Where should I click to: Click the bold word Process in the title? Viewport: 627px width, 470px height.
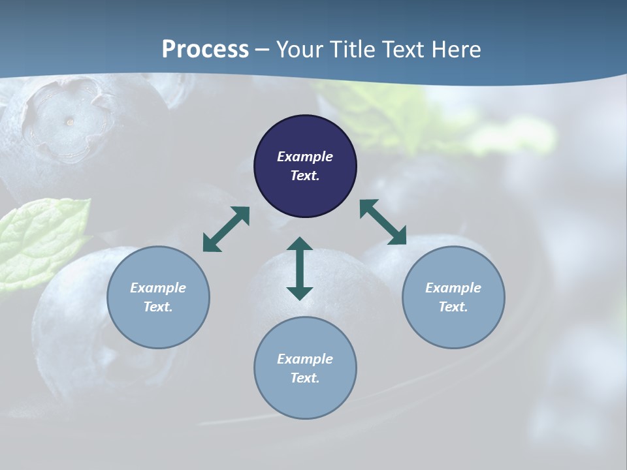pos(205,50)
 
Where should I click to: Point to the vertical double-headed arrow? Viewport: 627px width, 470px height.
pos(300,268)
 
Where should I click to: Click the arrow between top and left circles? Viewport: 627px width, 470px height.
pos(226,229)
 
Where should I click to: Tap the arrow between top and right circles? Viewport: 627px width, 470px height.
pos(383,222)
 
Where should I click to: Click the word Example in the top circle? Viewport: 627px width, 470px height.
pos(305,157)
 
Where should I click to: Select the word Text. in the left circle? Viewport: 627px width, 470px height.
pos(158,307)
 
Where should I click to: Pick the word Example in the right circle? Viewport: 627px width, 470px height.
pos(453,288)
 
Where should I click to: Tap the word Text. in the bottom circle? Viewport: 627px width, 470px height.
pos(305,378)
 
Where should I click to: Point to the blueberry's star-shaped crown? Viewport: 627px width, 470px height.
pos(65,117)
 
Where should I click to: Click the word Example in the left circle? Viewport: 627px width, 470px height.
pos(158,288)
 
